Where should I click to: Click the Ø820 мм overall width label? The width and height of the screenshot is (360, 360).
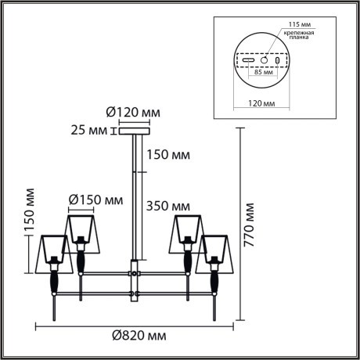click(139, 336)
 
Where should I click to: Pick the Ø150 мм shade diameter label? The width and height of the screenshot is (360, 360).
click(95, 200)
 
